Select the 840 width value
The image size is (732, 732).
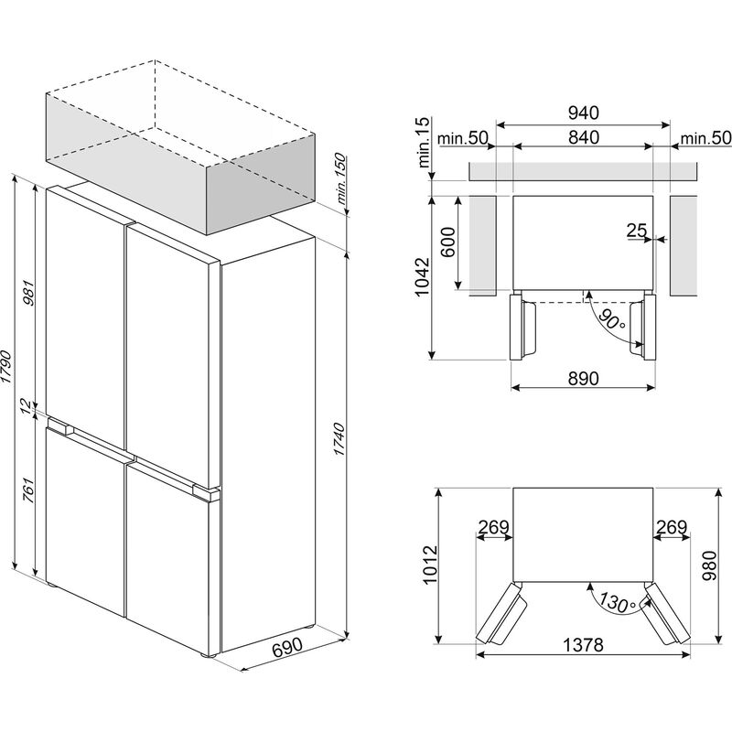click(582, 137)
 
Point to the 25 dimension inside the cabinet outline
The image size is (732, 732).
click(637, 231)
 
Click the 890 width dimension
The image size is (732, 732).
click(583, 379)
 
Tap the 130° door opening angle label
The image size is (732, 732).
click(607, 603)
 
